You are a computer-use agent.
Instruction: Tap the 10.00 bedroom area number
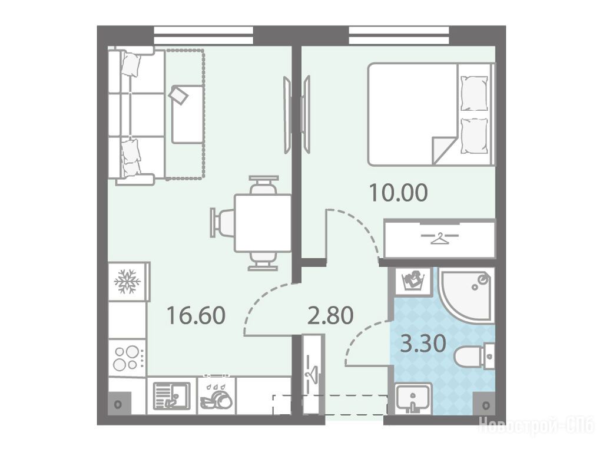click(x=399, y=193)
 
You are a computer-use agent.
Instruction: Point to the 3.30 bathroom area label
click(x=423, y=343)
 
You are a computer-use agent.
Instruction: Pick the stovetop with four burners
click(x=127, y=358)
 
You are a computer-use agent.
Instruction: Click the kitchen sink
click(x=171, y=395)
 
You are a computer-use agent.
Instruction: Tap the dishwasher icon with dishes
click(x=216, y=397)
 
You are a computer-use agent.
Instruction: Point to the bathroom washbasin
click(x=413, y=398)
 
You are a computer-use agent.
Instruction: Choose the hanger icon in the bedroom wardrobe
click(x=440, y=238)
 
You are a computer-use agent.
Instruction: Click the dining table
click(x=263, y=223)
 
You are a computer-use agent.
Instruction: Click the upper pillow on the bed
click(x=473, y=93)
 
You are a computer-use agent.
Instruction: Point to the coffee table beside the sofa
click(x=187, y=114)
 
